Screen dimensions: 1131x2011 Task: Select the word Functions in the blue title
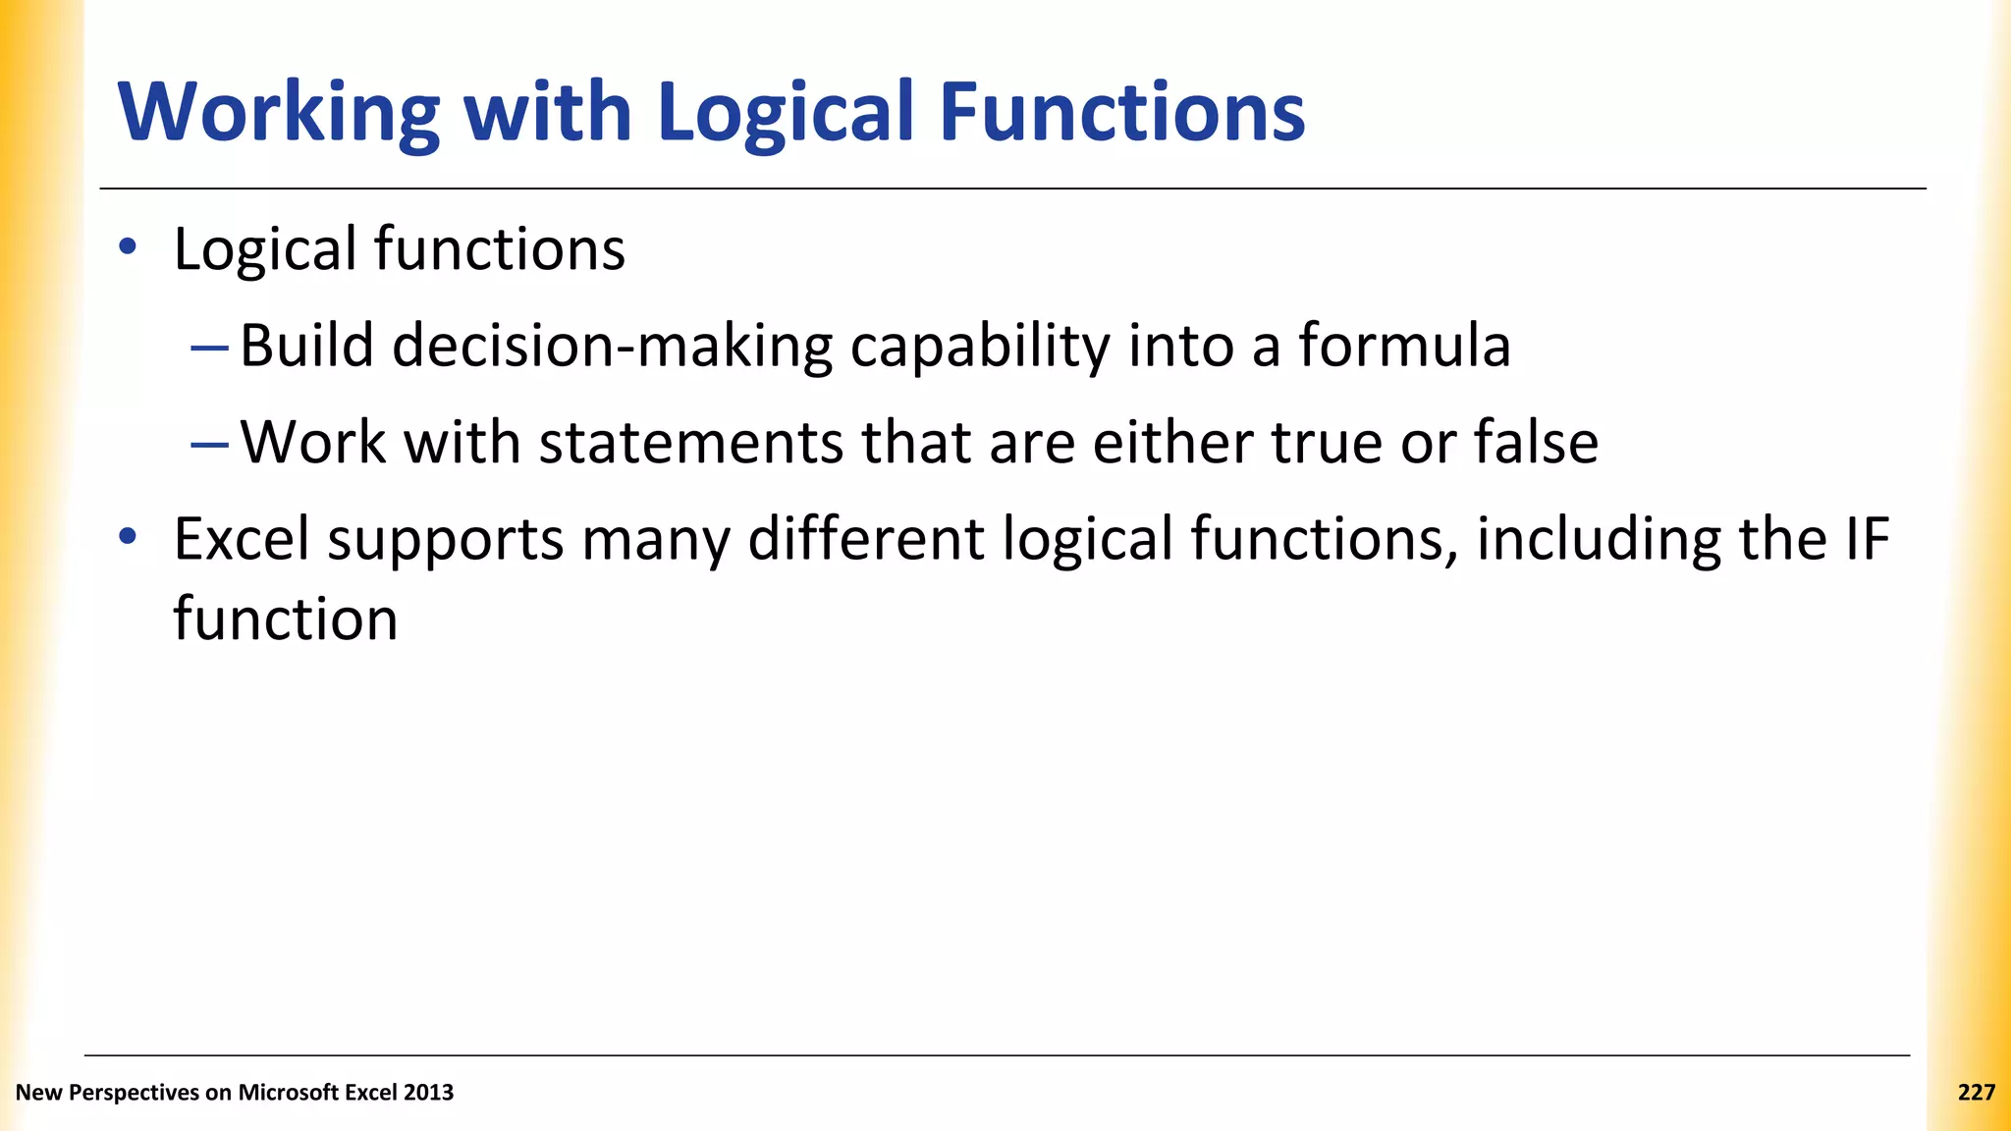[1121, 113]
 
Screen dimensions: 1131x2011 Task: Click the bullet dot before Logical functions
[127, 247]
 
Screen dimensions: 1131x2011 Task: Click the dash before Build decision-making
[209, 348]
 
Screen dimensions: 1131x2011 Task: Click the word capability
[979, 347]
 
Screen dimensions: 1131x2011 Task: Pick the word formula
[1404, 346]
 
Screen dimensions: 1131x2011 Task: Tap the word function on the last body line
[286, 619]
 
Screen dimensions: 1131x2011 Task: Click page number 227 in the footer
[1976, 1093]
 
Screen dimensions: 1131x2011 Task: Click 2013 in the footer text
[428, 1093]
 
